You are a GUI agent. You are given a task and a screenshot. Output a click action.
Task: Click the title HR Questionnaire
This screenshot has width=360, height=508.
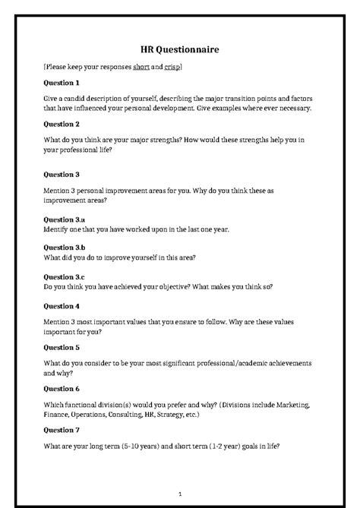coord(180,49)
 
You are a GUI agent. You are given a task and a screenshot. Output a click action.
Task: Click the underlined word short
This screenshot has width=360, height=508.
coord(141,68)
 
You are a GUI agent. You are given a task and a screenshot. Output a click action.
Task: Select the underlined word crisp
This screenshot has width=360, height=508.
coord(172,68)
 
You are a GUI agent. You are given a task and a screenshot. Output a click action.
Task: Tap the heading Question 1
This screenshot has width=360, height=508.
coord(62,82)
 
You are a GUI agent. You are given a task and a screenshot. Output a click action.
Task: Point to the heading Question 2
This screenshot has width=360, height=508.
coord(62,123)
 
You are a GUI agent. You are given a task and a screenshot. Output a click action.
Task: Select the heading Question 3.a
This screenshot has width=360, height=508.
coord(65,219)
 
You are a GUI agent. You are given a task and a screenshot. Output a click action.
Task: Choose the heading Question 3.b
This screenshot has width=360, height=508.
coord(65,248)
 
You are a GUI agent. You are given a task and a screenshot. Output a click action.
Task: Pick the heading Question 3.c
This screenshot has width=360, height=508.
coord(65,277)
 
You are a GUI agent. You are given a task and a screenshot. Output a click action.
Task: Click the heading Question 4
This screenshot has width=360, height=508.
coord(62,306)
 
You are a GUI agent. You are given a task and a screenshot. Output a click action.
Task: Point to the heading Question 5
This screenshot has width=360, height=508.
coord(62,347)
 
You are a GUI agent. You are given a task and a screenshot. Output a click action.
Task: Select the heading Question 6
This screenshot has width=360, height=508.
coord(62,388)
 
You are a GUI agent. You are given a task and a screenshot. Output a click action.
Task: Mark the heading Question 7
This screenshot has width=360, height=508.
coord(62,430)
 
